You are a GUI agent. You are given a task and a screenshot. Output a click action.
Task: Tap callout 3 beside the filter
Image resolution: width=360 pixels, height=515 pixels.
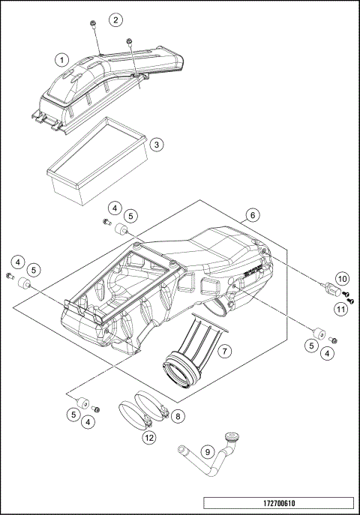click(155, 144)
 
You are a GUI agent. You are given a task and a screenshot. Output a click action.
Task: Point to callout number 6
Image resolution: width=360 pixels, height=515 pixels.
click(253, 215)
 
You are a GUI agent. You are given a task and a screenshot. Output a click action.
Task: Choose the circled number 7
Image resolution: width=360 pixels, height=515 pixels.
click(223, 350)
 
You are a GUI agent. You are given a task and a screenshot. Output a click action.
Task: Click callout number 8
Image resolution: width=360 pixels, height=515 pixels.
click(178, 413)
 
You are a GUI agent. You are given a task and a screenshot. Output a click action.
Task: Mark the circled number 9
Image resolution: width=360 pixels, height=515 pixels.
click(208, 453)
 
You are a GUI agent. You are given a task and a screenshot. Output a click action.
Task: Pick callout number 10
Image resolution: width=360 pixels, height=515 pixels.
click(340, 279)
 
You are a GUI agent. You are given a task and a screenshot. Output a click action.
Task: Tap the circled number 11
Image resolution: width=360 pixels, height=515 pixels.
click(340, 308)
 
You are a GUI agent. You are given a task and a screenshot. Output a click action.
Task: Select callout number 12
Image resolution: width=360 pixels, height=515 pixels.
click(149, 437)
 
